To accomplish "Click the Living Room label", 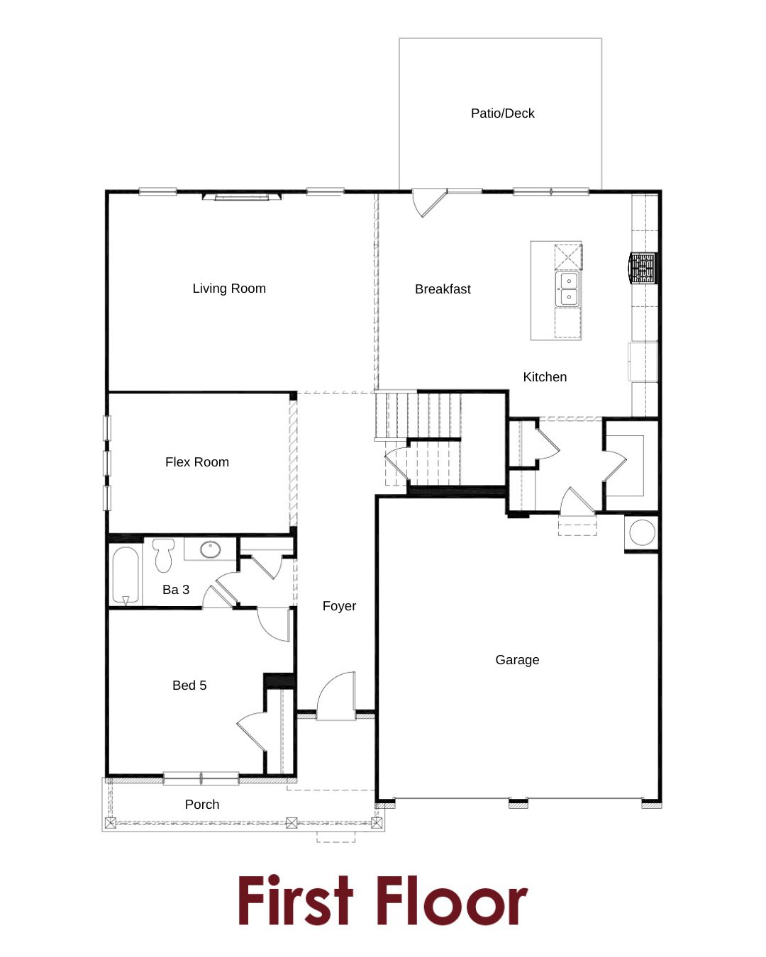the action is pyautogui.click(x=229, y=289).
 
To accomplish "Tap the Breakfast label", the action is pyautogui.click(x=443, y=289).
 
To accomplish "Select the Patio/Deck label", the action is pyautogui.click(x=502, y=113).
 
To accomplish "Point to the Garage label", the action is pyautogui.click(x=517, y=659).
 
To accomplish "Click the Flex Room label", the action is pyautogui.click(x=197, y=462).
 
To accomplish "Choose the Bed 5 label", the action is pyautogui.click(x=189, y=685).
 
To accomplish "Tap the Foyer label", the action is pyautogui.click(x=339, y=605).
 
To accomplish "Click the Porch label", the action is pyautogui.click(x=202, y=805).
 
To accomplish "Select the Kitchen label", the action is pyautogui.click(x=545, y=377).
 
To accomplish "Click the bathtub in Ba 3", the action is pyautogui.click(x=126, y=575).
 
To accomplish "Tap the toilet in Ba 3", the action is pyautogui.click(x=164, y=556).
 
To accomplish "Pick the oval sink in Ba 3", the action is pyautogui.click(x=211, y=549).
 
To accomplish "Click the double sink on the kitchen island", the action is pyautogui.click(x=568, y=289).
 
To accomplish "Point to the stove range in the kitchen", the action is pyautogui.click(x=643, y=268).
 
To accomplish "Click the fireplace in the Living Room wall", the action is pyautogui.click(x=242, y=196).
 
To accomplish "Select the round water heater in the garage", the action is pyautogui.click(x=643, y=532).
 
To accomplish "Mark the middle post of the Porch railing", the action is pyautogui.click(x=292, y=823).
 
